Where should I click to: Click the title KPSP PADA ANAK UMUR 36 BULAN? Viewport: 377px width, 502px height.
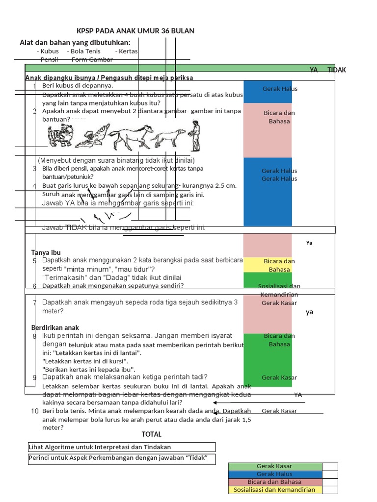pyautogui.click(x=135, y=31)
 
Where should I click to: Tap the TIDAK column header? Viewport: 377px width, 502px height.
pyautogui.click(x=336, y=70)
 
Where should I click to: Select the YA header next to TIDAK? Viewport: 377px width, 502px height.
pyautogui.click(x=314, y=70)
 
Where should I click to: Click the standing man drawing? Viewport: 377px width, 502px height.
pyautogui.click(x=195, y=136)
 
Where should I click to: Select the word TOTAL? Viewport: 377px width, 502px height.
pyautogui.click(x=151, y=434)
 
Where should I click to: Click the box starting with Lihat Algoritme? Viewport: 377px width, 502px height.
pyautogui.click(x=122, y=447)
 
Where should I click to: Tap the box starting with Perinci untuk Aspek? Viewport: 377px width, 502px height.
pyautogui.click(x=122, y=458)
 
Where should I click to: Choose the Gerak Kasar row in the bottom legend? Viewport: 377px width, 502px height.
pyautogui.click(x=274, y=466)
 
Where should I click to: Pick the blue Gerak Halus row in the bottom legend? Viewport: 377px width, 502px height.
pyautogui.click(x=274, y=474)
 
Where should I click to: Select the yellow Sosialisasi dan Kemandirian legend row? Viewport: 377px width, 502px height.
pyautogui.click(x=274, y=490)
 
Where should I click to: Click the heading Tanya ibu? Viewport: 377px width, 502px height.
pyautogui.click(x=46, y=252)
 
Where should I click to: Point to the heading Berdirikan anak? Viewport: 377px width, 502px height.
pyautogui.click(x=55, y=327)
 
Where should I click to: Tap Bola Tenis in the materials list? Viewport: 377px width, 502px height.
pyautogui.click(x=85, y=51)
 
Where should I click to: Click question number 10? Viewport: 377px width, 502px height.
pyautogui.click(x=35, y=411)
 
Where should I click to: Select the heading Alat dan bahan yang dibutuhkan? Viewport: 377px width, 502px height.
pyautogui.click(x=75, y=43)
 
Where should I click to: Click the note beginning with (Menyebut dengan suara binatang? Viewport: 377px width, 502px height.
pyautogui.click(x=116, y=160)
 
